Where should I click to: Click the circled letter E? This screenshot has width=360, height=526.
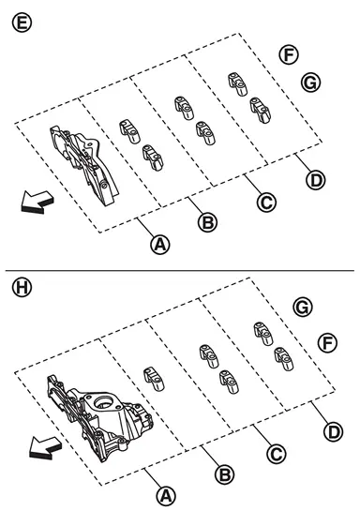click(x=22, y=23)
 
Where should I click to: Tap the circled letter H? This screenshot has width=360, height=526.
click(x=22, y=288)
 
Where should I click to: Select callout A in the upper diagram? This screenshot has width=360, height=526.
click(x=160, y=245)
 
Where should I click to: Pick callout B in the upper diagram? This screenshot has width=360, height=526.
click(x=208, y=222)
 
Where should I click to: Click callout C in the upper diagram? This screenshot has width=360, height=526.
click(x=266, y=203)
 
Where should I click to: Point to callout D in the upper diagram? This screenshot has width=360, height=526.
click(x=316, y=180)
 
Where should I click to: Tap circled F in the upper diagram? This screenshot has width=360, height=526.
click(x=289, y=54)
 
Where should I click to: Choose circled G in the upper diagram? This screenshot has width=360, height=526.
click(x=310, y=83)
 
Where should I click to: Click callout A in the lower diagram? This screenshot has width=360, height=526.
click(x=167, y=496)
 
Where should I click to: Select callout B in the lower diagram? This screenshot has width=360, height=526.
click(x=224, y=474)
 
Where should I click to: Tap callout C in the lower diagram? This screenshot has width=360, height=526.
click(x=277, y=454)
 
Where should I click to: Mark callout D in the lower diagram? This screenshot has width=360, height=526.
click(x=334, y=431)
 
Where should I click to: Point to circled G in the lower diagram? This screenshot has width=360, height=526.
click(x=303, y=308)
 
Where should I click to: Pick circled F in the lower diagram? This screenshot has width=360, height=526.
click(x=327, y=342)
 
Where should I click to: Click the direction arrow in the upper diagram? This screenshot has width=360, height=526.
click(x=37, y=203)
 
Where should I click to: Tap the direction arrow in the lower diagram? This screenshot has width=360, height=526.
click(x=45, y=448)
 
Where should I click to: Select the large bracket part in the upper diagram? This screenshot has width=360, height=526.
click(x=83, y=164)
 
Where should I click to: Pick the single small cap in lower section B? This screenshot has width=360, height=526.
click(x=155, y=379)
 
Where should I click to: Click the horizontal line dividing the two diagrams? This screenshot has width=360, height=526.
click(x=180, y=270)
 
